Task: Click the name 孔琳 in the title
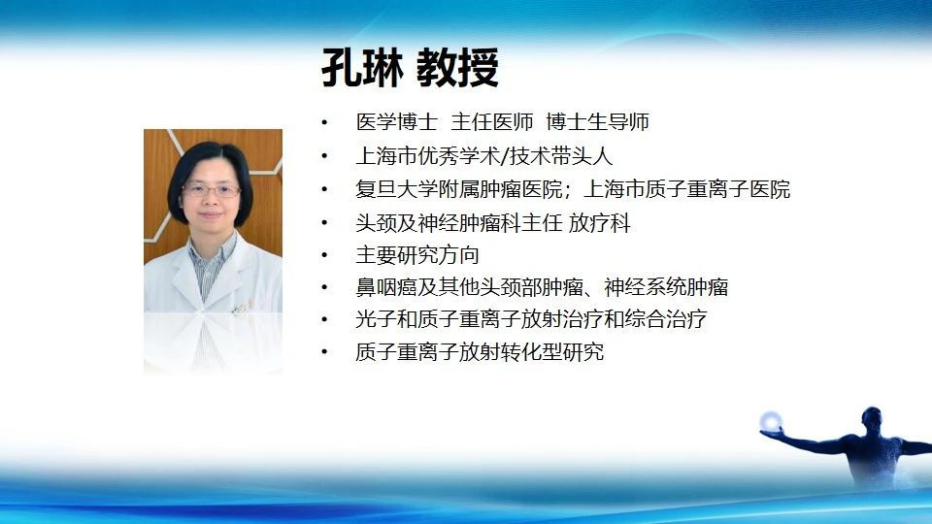tap(362, 68)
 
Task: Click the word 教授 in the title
tap(457, 68)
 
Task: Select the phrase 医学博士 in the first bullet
tap(397, 122)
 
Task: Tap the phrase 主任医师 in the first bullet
tap(491, 122)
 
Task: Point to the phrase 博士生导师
tap(597, 122)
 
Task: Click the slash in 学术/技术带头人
tap(505, 156)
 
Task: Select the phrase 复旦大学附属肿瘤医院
tap(459, 189)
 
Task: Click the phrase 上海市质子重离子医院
tap(687, 189)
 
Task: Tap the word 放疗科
tap(599, 223)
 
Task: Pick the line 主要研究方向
tap(417, 255)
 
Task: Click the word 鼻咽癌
tap(386, 287)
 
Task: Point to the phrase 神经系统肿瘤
tap(666, 287)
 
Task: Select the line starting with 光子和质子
tap(531, 319)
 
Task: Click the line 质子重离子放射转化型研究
tap(480, 351)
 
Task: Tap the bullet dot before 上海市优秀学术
tap(324, 156)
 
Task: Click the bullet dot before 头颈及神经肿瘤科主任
tap(324, 223)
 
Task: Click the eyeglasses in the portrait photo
tap(211, 191)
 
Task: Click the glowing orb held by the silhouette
tap(771, 422)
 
